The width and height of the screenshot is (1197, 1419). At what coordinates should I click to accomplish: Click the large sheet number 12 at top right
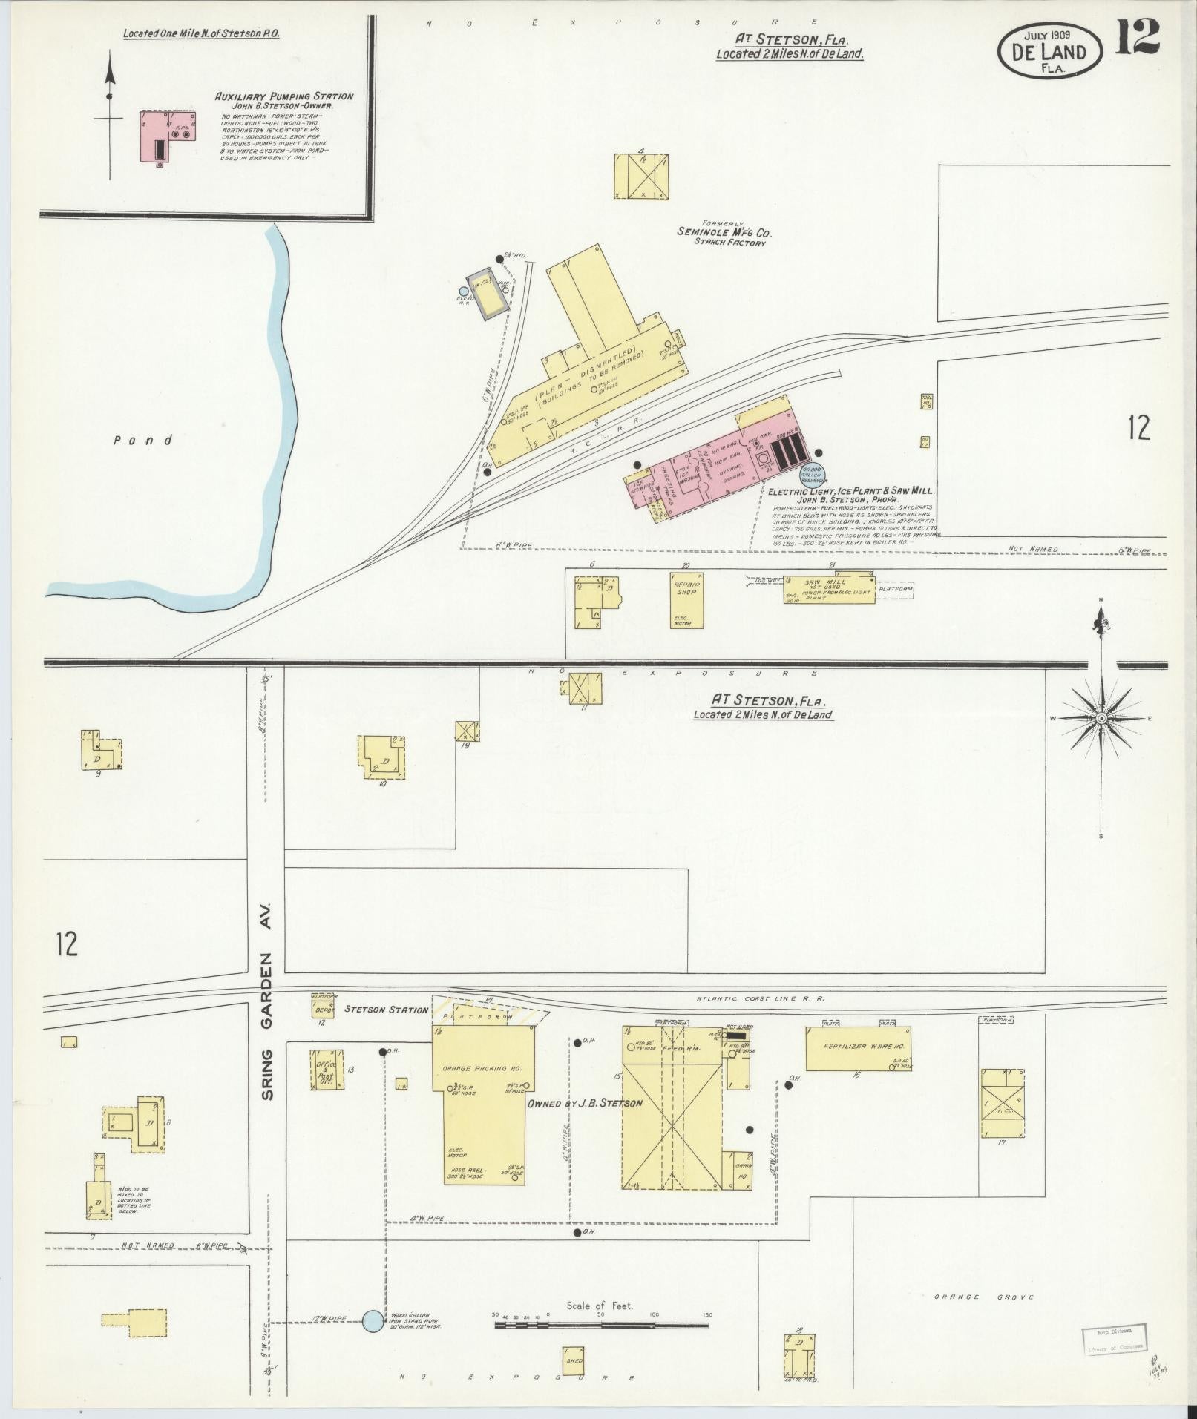pos(1137,37)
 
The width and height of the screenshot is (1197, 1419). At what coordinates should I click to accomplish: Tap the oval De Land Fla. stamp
pos(1049,50)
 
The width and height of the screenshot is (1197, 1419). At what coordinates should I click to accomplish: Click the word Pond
pos(143,441)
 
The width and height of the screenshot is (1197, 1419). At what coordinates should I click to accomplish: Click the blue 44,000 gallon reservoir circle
pos(812,473)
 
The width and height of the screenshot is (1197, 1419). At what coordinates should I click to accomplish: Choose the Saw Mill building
pos(830,589)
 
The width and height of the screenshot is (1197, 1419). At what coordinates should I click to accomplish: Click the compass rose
pos(1101,719)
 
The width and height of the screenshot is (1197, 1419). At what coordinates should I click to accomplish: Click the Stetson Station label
pos(386,1010)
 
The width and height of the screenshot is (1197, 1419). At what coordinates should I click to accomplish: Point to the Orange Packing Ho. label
pos(482,1068)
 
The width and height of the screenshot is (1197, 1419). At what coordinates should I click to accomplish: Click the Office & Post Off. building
pos(327,1069)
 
